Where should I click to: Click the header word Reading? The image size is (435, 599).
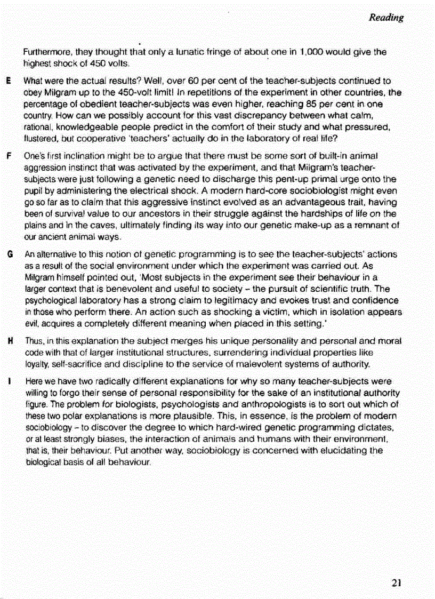click(386, 18)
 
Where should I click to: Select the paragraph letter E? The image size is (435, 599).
click(10, 82)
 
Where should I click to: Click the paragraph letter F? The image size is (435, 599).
click(10, 155)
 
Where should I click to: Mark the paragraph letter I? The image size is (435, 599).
click(10, 381)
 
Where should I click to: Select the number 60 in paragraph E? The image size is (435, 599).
click(205, 82)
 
